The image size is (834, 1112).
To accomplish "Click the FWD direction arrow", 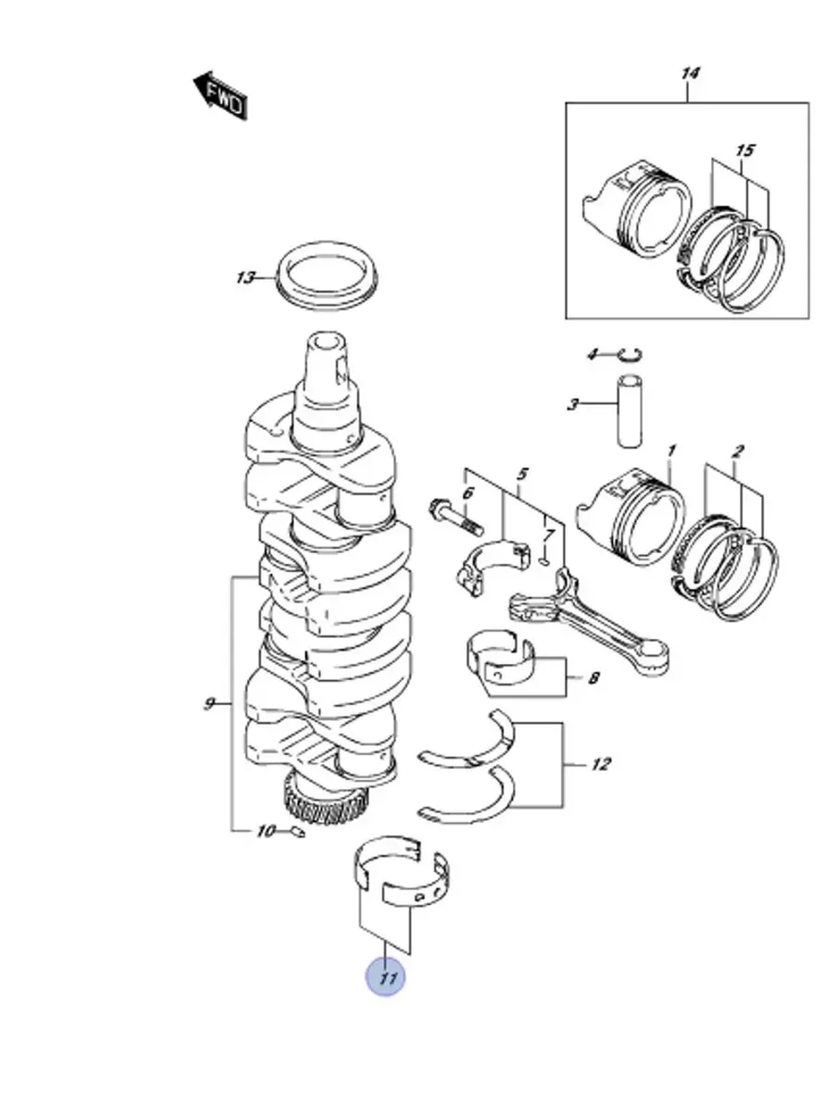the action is [220, 95].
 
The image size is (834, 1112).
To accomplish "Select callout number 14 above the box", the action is [690, 73].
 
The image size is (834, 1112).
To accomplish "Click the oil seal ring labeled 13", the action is [328, 277].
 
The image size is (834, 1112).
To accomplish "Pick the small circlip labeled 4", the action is [631, 355].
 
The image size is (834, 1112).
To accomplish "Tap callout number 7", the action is [550, 535].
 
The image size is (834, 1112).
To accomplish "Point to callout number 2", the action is [738, 450].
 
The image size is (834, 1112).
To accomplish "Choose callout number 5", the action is [522, 474].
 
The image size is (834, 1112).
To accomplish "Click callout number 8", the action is [594, 678].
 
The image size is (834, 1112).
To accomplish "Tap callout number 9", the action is [208, 704].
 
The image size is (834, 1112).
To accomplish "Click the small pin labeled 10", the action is [299, 832].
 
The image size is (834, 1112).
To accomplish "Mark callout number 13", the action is [245, 278].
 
